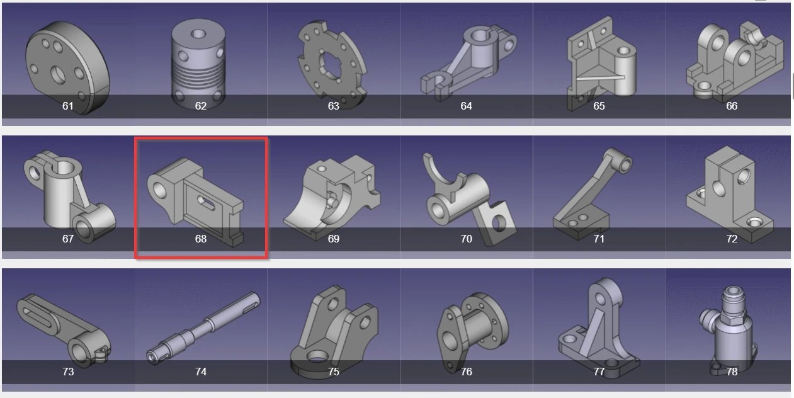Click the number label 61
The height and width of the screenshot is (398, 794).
(68, 106)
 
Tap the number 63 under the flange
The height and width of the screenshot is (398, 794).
(333, 106)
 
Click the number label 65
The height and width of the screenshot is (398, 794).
(599, 106)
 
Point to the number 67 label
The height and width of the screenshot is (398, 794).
(68, 239)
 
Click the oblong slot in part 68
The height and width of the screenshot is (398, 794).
(206, 202)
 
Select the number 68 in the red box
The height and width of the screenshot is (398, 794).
(200, 239)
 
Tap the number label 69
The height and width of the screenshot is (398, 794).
(333, 239)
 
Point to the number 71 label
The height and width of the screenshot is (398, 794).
(599, 239)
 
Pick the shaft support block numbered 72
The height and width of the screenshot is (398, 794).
(730, 189)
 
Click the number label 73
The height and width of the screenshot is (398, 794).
(68, 372)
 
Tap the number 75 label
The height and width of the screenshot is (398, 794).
(333, 372)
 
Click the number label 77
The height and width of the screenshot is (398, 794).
(599, 372)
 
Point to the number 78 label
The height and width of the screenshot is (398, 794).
(732, 372)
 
